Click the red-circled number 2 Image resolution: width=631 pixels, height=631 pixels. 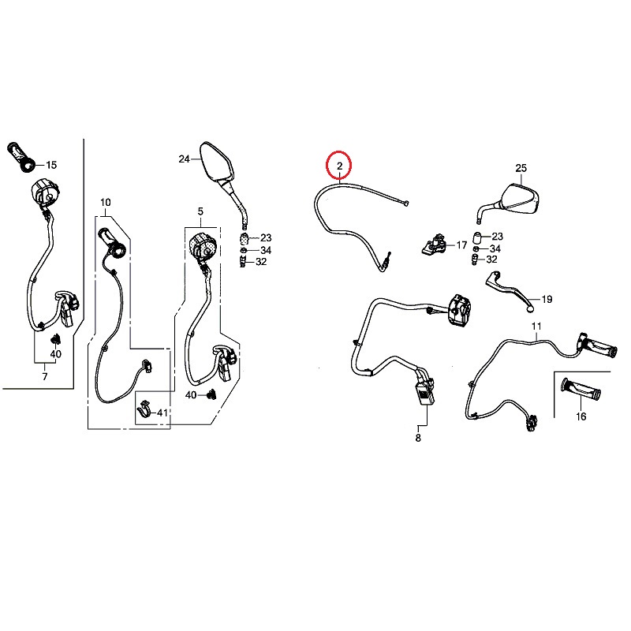340,166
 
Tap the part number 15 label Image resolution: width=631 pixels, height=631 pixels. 51,165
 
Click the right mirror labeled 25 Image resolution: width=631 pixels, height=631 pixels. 511,201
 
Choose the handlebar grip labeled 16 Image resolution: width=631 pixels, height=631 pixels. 581,388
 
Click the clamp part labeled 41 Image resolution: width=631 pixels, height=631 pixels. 144,409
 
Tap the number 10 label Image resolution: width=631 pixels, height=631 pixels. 106,203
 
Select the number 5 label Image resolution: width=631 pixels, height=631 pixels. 200,211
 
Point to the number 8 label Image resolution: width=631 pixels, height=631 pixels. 418,438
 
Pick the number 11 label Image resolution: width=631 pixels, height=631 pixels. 536,326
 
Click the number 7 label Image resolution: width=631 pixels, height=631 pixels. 45,377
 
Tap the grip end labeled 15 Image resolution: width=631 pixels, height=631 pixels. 21,157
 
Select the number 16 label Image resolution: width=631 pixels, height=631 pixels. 581,416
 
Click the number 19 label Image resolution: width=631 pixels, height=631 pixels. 547,300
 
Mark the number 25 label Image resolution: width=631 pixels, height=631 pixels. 521,168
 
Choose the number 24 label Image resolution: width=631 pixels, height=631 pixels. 185,159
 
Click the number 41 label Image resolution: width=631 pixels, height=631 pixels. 162,413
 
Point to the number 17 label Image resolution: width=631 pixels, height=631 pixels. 461,245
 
